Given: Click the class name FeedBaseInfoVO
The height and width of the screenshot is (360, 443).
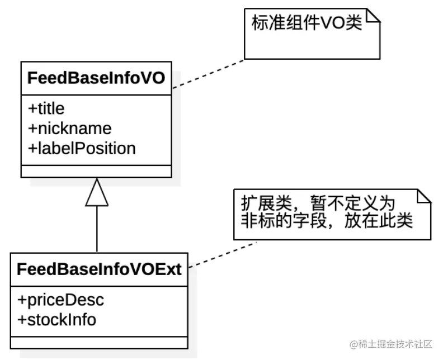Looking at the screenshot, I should pos(96,78).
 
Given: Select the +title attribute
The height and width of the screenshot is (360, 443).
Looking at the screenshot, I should pos(46,108).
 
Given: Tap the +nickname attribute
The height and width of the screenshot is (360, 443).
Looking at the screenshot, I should pos(70,129).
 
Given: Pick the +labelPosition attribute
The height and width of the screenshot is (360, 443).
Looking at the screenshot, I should pos(82,148).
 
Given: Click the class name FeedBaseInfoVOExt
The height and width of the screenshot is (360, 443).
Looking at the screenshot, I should pos(99,269).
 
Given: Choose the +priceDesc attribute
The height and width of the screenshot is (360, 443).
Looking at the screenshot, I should pos(61,300).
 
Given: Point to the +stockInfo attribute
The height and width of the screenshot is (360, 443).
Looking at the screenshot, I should pos(57,320).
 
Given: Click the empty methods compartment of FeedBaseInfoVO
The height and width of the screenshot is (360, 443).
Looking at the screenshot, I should pos(96,171).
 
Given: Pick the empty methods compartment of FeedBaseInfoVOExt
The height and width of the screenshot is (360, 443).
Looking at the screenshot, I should pos(99,343).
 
